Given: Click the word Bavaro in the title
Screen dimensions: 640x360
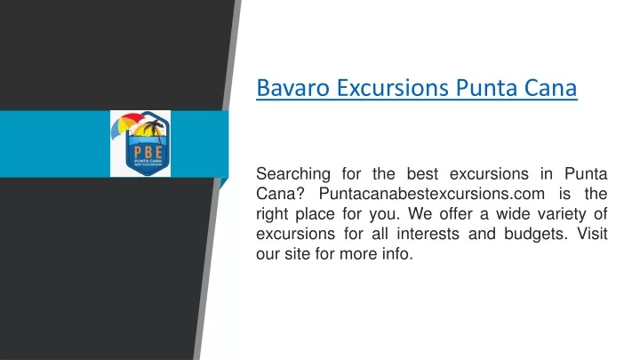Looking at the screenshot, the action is (292, 88).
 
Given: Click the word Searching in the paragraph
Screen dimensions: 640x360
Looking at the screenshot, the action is (293, 175).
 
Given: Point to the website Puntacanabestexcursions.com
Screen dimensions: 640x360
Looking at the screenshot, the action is (431, 194).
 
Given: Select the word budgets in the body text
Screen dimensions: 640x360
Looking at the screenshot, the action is (535, 235).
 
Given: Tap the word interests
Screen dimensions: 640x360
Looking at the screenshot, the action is (428, 234).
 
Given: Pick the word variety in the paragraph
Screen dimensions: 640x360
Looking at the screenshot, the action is (562, 214).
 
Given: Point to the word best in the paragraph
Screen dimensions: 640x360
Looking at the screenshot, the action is (422, 174).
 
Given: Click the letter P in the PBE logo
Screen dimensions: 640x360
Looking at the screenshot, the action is (138, 152).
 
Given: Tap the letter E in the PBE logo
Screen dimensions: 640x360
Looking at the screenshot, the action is (159, 152).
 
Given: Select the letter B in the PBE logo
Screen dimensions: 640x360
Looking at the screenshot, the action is (148, 152).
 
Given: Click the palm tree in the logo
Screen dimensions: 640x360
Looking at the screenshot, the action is (154, 129).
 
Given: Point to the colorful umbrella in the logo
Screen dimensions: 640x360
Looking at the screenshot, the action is (125, 124).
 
